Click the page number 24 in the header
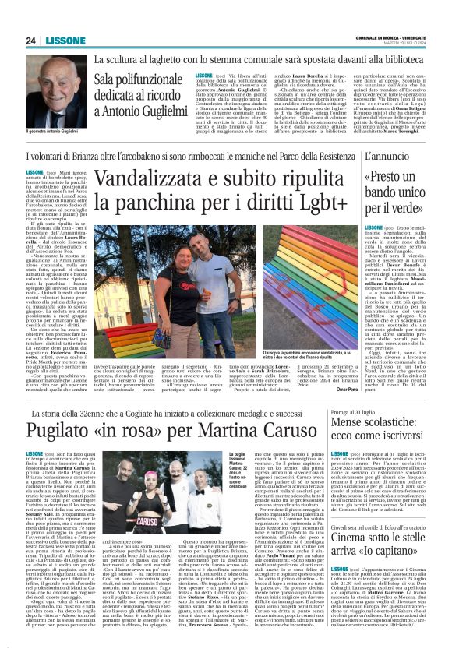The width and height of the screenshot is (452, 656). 30,41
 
